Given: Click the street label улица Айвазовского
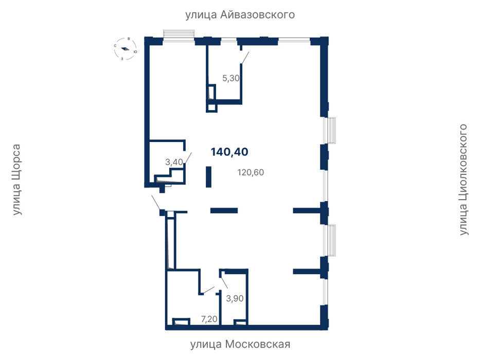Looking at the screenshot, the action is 240,15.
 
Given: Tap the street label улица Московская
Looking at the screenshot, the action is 240,345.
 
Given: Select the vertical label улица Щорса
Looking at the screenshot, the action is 16,179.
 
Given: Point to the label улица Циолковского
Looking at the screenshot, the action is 464,179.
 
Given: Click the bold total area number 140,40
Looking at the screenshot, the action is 229,152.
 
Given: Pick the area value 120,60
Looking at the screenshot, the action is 251,172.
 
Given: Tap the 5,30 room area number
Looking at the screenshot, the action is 231,78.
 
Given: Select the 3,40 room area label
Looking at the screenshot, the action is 174,161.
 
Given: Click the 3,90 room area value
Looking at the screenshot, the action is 235,298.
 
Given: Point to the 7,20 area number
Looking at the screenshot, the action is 209,319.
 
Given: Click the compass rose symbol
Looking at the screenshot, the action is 125,49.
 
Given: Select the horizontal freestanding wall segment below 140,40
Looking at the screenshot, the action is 224,210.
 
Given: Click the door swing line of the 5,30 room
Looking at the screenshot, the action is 245,58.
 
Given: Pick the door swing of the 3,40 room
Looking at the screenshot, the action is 188,159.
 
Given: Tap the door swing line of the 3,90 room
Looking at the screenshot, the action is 224,282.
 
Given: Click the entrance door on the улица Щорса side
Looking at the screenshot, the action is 155,202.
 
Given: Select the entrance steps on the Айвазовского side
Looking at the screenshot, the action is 179,33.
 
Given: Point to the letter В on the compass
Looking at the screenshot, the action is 129,39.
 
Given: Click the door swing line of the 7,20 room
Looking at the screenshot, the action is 209,290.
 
